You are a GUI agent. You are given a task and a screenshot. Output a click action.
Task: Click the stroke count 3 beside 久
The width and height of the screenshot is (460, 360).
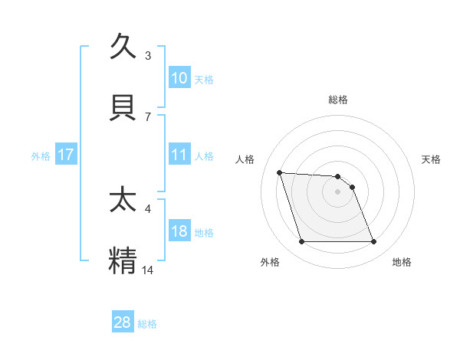(x=148, y=56)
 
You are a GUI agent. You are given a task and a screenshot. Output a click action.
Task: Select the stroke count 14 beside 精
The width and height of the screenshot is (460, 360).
(x=149, y=269)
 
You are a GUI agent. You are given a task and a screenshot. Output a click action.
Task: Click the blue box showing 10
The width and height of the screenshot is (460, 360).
(x=179, y=78)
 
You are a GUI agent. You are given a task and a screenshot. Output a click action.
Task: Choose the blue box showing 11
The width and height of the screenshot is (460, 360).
(x=179, y=155)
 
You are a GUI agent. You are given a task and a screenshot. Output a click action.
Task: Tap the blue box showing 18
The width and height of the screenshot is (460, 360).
(x=179, y=231)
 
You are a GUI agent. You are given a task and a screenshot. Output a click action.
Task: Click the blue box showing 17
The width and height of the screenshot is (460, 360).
(x=66, y=155)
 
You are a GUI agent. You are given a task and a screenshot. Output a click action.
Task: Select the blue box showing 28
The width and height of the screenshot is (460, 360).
(x=123, y=322)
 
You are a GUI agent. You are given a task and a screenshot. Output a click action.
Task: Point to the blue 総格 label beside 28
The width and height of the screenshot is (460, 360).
(x=147, y=324)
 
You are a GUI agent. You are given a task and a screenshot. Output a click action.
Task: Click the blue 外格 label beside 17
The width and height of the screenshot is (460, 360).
(x=41, y=155)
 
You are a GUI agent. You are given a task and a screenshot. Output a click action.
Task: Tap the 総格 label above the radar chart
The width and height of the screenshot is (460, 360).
(x=337, y=100)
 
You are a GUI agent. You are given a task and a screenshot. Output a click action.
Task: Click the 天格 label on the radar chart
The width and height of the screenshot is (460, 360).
(x=431, y=159)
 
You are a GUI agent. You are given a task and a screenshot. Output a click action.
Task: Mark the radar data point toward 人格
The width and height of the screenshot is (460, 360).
(x=280, y=172)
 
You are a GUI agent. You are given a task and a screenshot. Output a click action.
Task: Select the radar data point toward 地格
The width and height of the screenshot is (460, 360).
(x=373, y=242)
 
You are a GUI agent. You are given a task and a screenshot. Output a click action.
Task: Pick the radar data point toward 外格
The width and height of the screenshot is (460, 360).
(x=301, y=242)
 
